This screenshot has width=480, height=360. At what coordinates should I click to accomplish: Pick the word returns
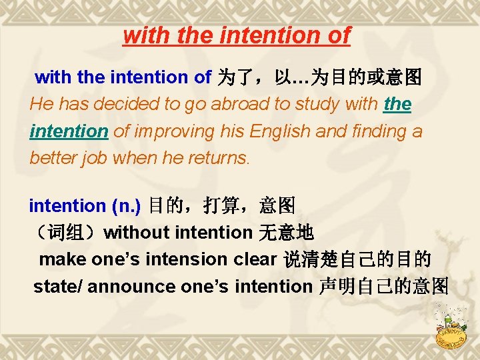pyautogui.click(x=217, y=158)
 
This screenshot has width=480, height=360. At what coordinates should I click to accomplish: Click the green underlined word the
pyautogui.click(x=398, y=105)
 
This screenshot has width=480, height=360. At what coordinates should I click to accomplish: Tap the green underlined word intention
pyautogui.click(x=69, y=131)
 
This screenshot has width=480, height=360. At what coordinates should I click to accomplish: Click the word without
pyautogui.click(x=137, y=233)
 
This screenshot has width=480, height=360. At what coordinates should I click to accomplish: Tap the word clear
pyautogui.click(x=255, y=259)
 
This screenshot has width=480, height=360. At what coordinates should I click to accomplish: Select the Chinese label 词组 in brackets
pyautogui.click(x=67, y=233)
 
